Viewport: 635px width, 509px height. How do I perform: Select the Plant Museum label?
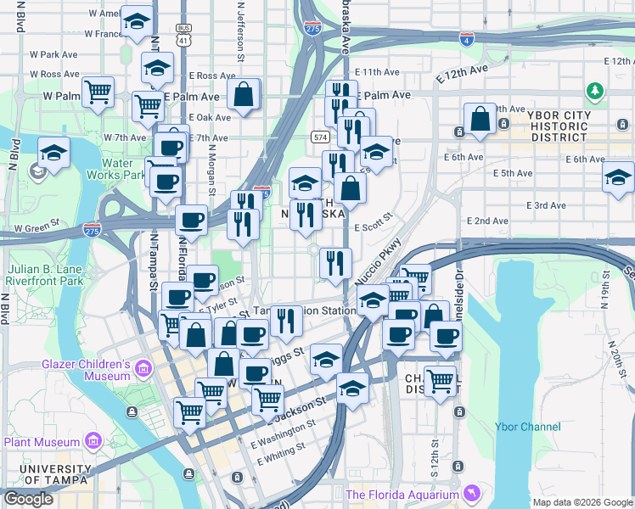(40, 441)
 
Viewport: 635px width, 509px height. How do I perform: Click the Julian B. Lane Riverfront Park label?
(46, 274)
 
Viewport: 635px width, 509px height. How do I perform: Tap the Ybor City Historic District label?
(556, 125)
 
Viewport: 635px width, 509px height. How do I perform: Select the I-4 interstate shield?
(465, 39)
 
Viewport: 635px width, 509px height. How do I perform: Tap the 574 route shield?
(319, 137)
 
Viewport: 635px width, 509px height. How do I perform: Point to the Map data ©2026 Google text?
(582, 502)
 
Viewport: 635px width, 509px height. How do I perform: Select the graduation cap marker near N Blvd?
(53, 154)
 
